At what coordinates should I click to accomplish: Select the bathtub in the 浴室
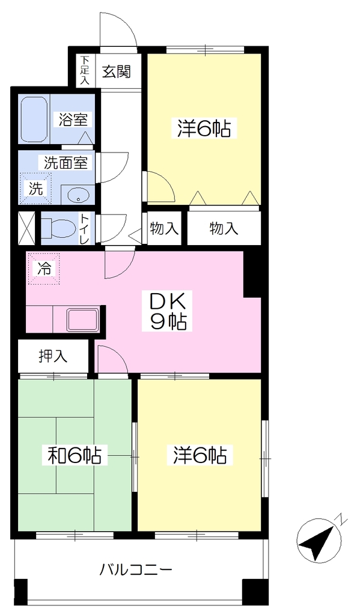coord(34,120)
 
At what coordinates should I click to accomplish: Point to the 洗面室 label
coord(66,162)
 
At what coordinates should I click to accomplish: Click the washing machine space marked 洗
coord(36,189)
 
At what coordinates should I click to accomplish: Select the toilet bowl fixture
coord(59,228)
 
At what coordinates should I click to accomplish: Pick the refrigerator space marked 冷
coord(44,268)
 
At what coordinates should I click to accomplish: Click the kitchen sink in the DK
coord(83,320)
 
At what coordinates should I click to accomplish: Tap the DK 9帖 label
coord(166,312)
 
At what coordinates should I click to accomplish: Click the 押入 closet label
coord(53,356)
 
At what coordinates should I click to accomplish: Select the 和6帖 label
coord(75,455)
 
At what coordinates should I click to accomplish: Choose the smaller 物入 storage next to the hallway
coord(163,228)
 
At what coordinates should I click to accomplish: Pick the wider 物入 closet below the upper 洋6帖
coord(224,228)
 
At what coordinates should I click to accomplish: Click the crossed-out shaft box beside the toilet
coord(27,228)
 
